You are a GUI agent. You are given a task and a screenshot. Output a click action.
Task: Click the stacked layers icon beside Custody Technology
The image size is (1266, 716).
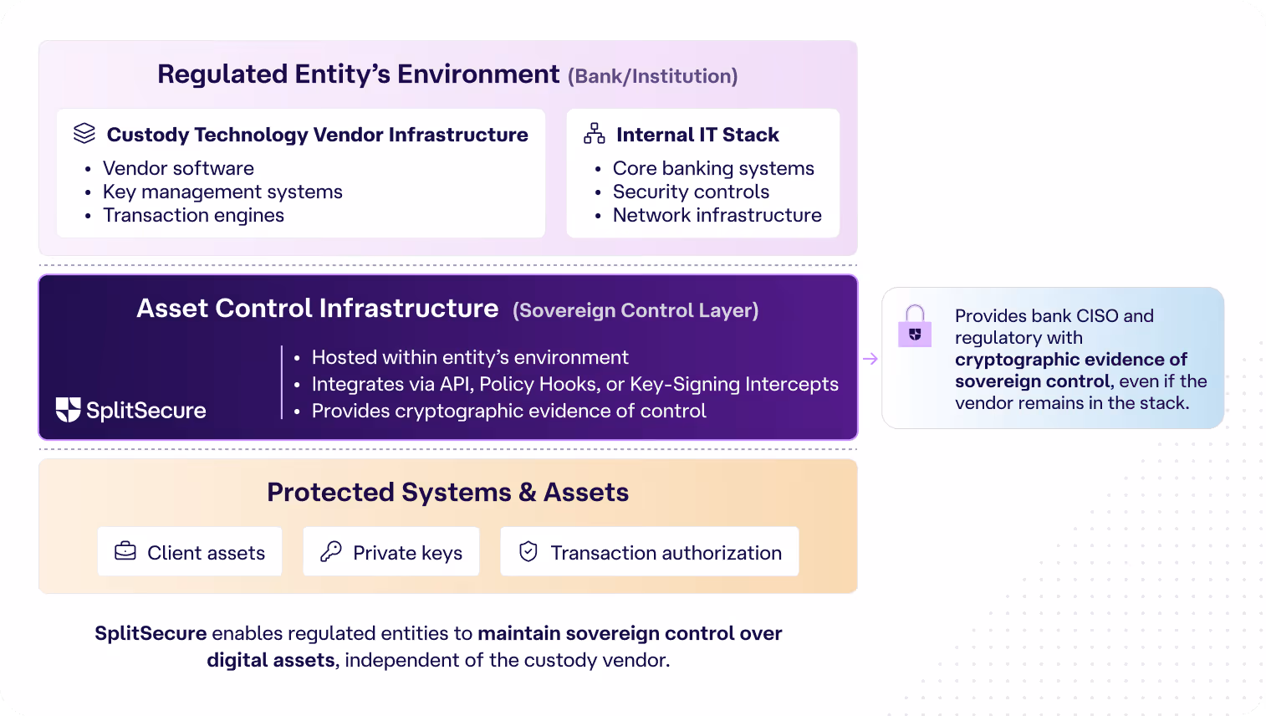click(x=84, y=134)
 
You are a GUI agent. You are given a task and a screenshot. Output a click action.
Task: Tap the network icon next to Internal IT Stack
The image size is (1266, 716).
click(x=595, y=134)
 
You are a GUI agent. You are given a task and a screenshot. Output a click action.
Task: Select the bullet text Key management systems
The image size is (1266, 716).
click(x=222, y=192)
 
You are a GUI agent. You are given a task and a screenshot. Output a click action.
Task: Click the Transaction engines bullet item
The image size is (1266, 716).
click(x=193, y=216)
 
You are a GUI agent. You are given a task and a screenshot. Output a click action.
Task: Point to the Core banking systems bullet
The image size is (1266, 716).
click(x=712, y=169)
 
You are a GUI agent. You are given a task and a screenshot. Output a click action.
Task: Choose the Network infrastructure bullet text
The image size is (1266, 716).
click(x=717, y=216)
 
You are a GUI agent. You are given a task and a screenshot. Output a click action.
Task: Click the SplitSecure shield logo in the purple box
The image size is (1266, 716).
click(x=68, y=409)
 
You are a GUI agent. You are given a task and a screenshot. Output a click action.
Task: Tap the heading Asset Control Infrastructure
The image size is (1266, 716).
click(x=317, y=309)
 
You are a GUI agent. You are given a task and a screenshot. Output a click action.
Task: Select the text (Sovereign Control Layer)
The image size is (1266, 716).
click(x=636, y=311)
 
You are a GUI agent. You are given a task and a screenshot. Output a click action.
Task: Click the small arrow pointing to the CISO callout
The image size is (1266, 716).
click(x=870, y=359)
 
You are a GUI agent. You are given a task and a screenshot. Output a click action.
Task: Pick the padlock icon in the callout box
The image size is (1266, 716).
click(x=915, y=327)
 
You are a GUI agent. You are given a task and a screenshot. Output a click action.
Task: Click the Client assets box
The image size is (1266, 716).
click(x=190, y=552)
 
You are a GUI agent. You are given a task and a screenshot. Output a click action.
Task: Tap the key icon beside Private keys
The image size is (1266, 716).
click(x=331, y=551)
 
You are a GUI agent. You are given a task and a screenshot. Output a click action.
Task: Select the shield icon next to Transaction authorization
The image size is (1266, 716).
click(x=528, y=551)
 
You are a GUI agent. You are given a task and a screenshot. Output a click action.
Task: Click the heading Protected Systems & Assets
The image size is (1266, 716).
click(x=447, y=493)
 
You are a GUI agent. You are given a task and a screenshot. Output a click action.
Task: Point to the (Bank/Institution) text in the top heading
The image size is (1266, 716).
click(x=652, y=77)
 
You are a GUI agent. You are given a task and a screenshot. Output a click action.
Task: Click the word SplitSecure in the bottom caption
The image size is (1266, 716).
click(x=151, y=633)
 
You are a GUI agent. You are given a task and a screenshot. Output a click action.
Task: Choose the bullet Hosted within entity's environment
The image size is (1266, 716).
click(x=469, y=358)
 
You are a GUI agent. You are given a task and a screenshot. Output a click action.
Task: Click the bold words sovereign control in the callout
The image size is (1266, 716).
click(x=1033, y=381)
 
